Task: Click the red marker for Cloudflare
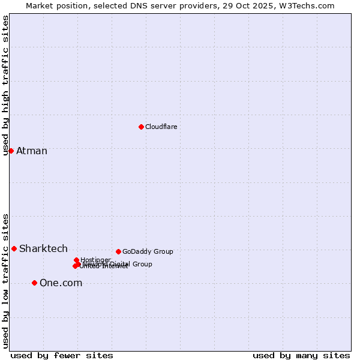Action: pyautogui.click(x=141, y=127)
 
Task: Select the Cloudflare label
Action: pyautogui.click(x=161, y=127)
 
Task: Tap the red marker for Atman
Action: pyautogui.click(x=11, y=151)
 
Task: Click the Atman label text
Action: pyautogui.click(x=32, y=151)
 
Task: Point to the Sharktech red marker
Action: pyautogui.click(x=14, y=248)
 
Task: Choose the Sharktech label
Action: pyautogui.click(x=43, y=248)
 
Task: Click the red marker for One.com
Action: pyautogui.click(x=34, y=283)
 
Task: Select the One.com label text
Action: pyautogui.click(x=61, y=283)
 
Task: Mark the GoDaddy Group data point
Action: pyautogui.click(x=118, y=251)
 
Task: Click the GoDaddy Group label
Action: pyautogui.click(x=148, y=251)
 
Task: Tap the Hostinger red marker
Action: pyautogui.click(x=76, y=260)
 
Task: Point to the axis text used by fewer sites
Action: pyautogui.click(x=62, y=355)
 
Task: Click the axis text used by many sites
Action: pyautogui.click(x=301, y=355)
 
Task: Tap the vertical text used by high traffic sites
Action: pyautogui.click(x=5, y=85)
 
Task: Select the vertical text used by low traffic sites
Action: pyautogui.click(x=5, y=281)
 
